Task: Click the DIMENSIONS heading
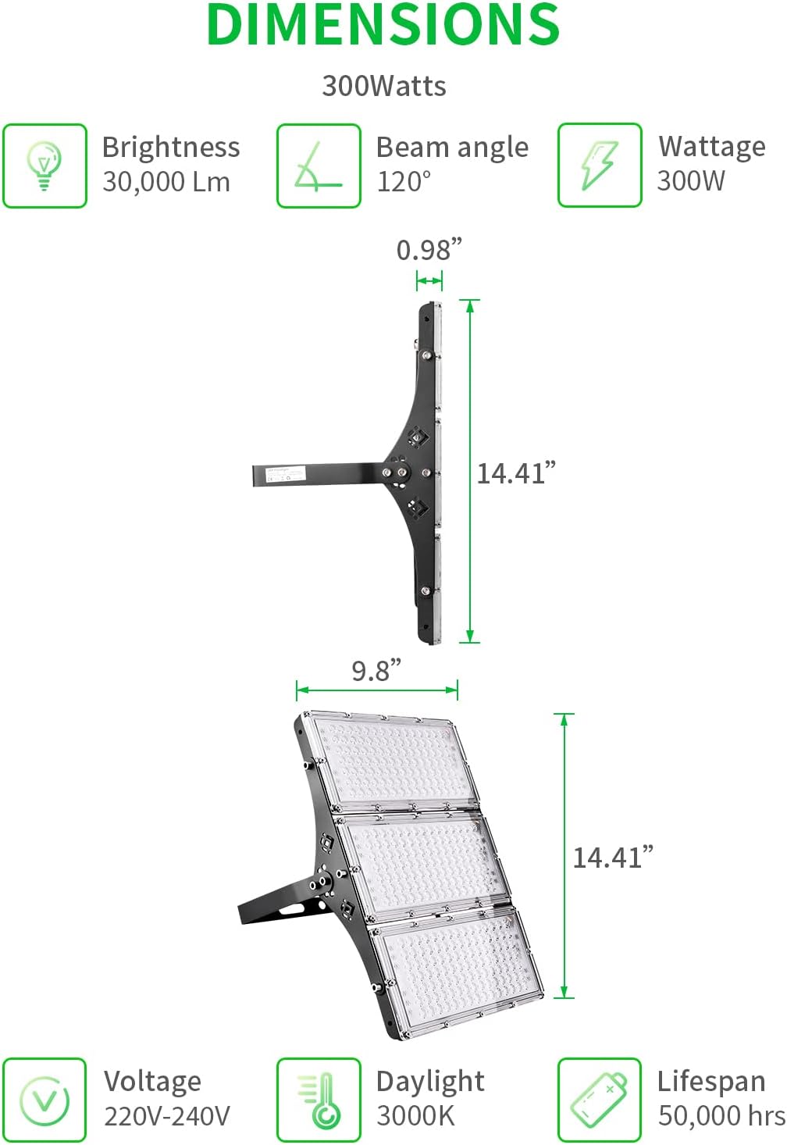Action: [383, 25]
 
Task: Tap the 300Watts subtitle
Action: [383, 86]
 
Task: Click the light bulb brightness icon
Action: [45, 166]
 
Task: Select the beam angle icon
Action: [319, 166]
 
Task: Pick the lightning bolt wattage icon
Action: [599, 165]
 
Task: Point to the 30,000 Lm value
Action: [166, 182]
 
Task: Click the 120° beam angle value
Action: [404, 182]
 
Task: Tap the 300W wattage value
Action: [691, 181]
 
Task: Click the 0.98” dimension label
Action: [429, 250]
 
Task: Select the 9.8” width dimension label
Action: [376, 670]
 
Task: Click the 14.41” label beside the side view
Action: [516, 473]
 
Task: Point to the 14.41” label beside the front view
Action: [613, 858]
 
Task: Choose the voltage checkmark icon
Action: [45, 1100]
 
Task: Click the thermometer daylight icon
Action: [319, 1100]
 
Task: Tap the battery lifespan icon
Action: [599, 1100]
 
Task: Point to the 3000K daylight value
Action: [415, 1116]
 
